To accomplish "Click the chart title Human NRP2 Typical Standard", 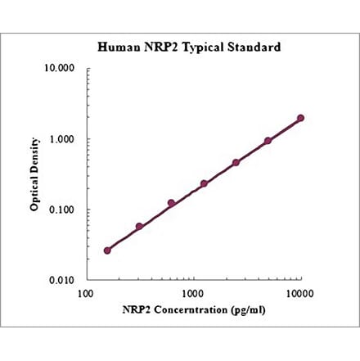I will tap(189, 47).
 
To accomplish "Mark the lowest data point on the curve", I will tap(107, 250).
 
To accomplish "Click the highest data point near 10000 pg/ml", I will tap(300, 118).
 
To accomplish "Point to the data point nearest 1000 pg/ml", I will tap(204, 183).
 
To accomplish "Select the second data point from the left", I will tap(139, 227).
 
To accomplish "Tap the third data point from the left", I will tap(172, 203).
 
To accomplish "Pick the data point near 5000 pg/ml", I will tap(268, 141).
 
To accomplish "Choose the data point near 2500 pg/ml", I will tap(236, 162).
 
